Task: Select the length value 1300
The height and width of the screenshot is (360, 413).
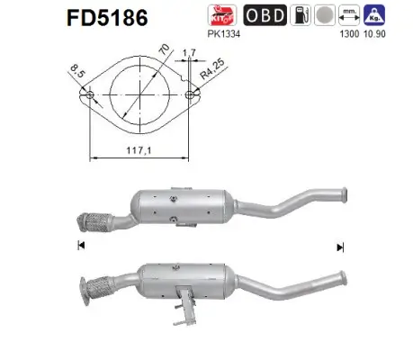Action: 342,35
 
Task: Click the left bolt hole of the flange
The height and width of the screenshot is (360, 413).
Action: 90,94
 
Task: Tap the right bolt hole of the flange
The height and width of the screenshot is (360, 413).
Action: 190,94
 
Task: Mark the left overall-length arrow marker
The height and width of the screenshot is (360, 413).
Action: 81,245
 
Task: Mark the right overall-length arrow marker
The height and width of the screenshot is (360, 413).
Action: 340,245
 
